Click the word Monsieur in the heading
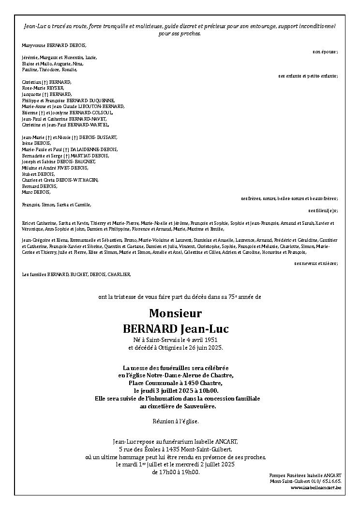[x=175, y=313]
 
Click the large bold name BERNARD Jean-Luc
[x=176, y=329]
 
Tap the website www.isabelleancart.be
[x=316, y=488]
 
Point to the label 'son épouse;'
[x=325, y=51]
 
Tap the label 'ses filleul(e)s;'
[x=323, y=211]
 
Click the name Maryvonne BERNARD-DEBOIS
[x=54, y=45]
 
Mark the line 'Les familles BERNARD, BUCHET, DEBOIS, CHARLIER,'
[x=76, y=274]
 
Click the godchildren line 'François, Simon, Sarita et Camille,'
[x=56, y=205]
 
